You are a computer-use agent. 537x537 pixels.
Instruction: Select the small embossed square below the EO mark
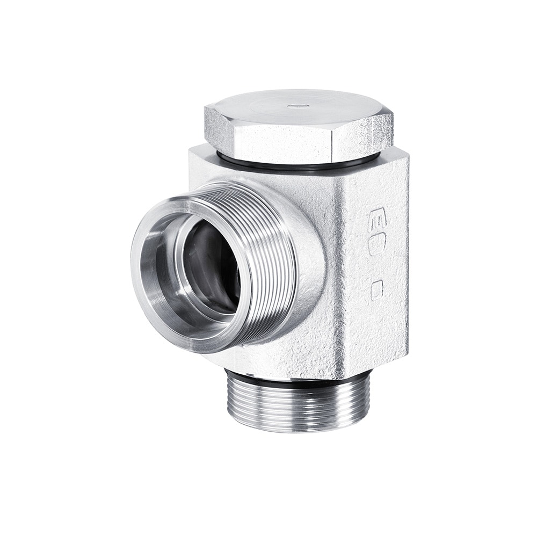pos(378,288)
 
